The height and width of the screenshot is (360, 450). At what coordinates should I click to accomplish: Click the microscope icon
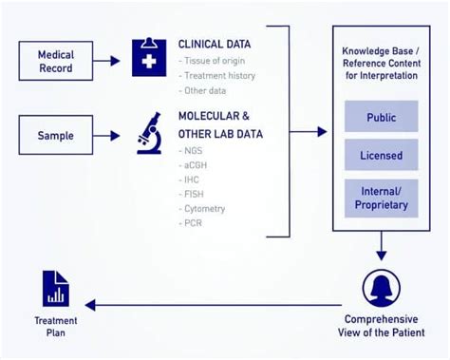click(x=149, y=133)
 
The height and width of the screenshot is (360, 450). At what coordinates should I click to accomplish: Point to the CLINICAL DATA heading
click(x=214, y=44)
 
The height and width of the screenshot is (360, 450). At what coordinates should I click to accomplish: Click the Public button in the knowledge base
click(x=381, y=118)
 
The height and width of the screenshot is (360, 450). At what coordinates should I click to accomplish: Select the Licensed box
click(x=381, y=155)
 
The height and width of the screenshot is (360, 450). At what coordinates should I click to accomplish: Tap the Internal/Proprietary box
click(x=381, y=197)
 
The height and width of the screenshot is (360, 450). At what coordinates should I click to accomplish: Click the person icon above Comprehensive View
click(x=381, y=288)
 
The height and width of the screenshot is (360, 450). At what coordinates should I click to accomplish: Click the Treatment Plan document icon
click(x=55, y=288)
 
